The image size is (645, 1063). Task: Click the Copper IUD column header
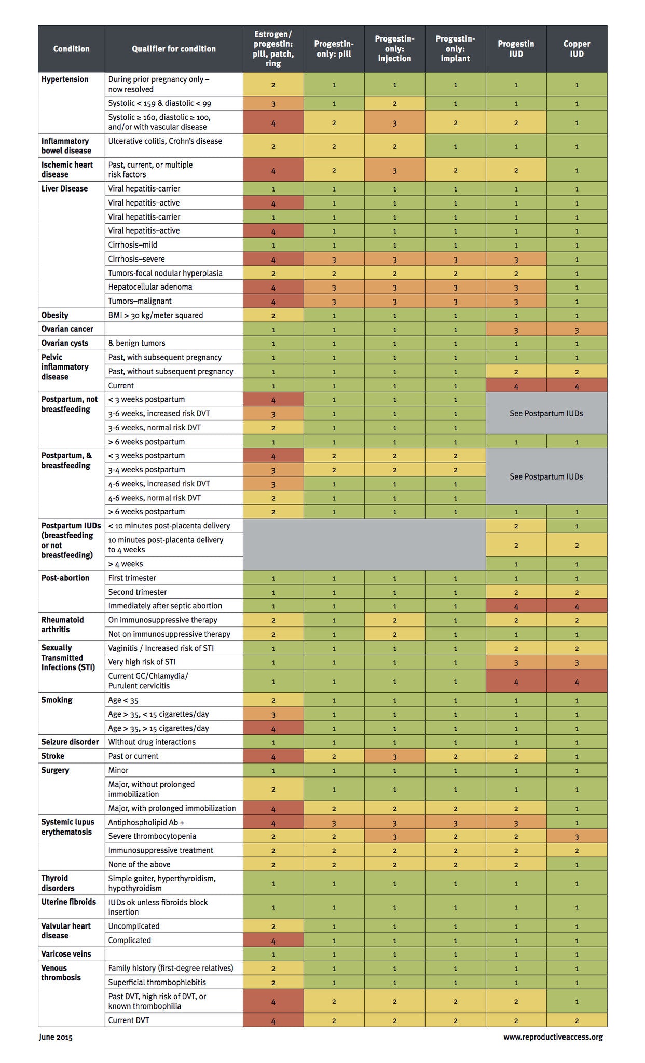pyautogui.click(x=577, y=49)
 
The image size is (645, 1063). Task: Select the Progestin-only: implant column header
pyautogui.click(x=455, y=49)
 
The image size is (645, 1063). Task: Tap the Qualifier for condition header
pyautogui.click(x=173, y=49)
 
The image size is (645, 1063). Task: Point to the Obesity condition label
pyautogui.click(x=55, y=315)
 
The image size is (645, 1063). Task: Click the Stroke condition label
pyautogui.click(x=53, y=756)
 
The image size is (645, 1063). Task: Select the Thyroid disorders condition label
pyautogui.click(x=58, y=882)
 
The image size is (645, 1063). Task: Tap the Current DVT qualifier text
pyautogui.click(x=128, y=1020)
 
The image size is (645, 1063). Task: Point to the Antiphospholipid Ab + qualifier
pyautogui.click(x=146, y=822)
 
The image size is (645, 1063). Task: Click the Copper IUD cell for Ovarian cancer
pyautogui.click(x=577, y=329)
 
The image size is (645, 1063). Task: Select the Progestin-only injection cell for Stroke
pyautogui.click(x=394, y=756)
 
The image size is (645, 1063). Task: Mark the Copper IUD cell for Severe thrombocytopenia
pyautogui.click(x=577, y=836)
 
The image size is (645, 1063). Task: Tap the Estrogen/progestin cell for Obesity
pyautogui.click(x=273, y=315)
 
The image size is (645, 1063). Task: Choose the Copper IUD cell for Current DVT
pyautogui.click(x=577, y=1020)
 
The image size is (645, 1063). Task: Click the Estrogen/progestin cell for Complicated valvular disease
pyautogui.click(x=273, y=941)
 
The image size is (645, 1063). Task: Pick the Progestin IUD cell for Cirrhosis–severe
pyautogui.click(x=516, y=259)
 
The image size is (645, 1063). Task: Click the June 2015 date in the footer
pyautogui.click(x=56, y=1037)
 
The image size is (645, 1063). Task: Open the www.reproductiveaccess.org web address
pyautogui.click(x=553, y=1037)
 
